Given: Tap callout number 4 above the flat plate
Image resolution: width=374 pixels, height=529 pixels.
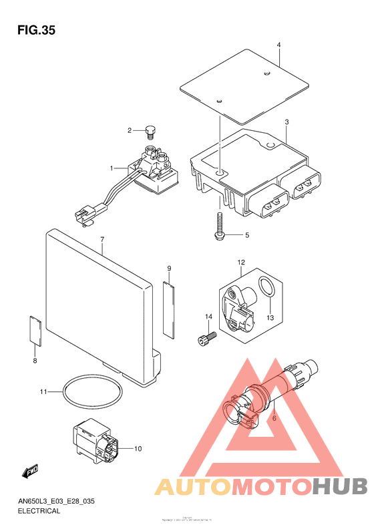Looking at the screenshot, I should click(278, 45).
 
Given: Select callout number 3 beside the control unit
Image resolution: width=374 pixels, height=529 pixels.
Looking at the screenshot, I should click(286, 123).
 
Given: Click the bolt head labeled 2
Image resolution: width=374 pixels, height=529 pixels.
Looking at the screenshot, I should click(150, 131).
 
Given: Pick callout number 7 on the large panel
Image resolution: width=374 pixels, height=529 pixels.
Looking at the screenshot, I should click(102, 239).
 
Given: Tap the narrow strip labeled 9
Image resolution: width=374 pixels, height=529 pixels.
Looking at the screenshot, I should click(169, 307).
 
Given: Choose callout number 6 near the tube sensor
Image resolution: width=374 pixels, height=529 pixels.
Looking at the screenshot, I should click(274, 419).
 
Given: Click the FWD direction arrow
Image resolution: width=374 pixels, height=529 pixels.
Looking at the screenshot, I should click(29, 472).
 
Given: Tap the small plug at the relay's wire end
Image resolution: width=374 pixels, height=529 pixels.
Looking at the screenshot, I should click(84, 214).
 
